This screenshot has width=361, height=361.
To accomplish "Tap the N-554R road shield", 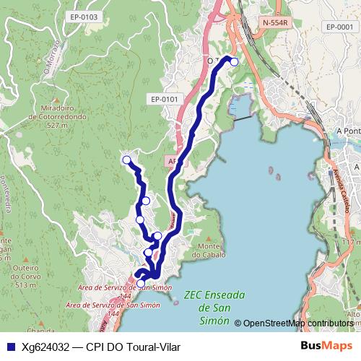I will coord(275,22).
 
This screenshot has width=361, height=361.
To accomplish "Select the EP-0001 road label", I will coord(339,27).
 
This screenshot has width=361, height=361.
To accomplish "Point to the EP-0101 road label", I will coord(165,98).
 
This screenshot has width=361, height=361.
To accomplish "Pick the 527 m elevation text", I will coord(58,124).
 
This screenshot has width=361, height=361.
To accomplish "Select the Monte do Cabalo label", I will coord(209,250).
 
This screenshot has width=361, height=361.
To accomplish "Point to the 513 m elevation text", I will coord(25,286).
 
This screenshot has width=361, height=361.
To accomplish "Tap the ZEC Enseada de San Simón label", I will coord(214,306).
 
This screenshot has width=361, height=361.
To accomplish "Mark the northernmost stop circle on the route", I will coord(234,61).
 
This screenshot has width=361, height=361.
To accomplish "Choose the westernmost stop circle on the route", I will coord(126,160).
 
